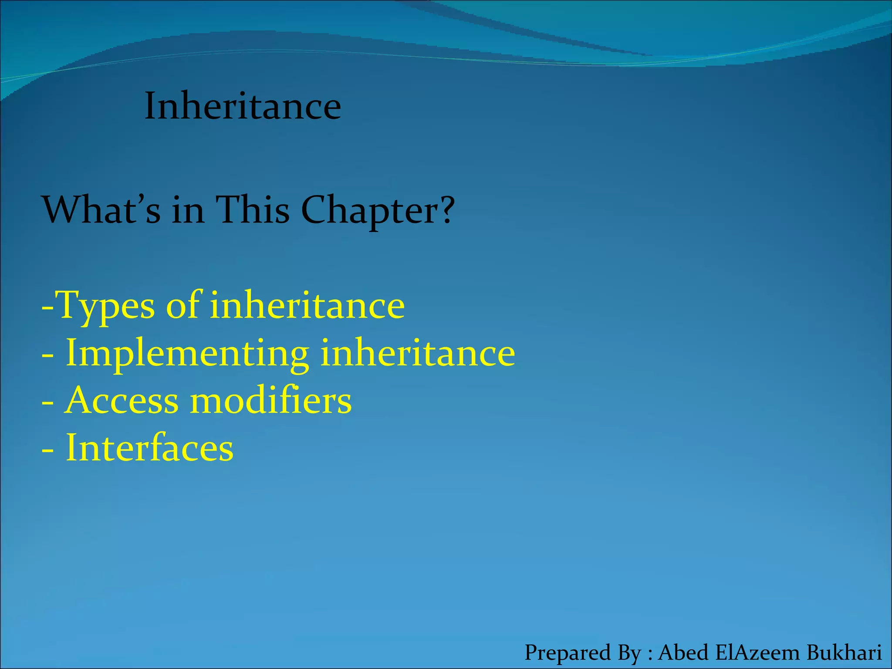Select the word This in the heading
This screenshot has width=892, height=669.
(253, 210)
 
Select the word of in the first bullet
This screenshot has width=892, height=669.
(183, 305)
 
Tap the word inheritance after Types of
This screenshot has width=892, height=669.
(307, 305)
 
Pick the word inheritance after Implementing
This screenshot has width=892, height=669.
(418, 353)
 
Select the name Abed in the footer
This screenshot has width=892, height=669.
(683, 652)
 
